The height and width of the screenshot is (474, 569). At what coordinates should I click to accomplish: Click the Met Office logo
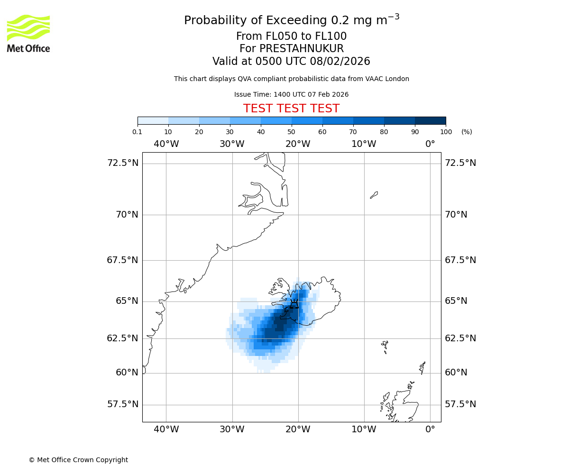28,33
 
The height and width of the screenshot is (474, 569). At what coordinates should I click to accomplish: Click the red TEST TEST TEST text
291,109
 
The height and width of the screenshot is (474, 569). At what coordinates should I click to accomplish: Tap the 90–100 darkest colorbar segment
430,120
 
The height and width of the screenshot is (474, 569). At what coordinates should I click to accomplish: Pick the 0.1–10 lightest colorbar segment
153,120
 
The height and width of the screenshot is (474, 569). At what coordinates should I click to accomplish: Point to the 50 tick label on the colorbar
292,132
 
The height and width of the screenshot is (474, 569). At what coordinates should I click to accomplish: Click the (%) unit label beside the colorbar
467,132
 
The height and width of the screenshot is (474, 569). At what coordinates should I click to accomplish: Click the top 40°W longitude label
166,144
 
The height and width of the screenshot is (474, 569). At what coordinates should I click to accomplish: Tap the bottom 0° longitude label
430,429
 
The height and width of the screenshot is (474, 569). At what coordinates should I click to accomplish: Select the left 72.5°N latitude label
122,163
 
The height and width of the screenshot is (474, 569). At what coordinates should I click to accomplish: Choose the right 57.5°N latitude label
460,404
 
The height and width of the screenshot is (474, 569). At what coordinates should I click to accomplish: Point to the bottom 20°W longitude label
298,429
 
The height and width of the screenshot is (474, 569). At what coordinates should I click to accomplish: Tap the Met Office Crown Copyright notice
78,460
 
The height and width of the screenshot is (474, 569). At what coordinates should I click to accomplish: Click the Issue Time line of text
291,94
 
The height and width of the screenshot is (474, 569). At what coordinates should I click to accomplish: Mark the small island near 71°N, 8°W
374,195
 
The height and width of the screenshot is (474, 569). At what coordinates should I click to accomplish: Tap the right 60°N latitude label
456,373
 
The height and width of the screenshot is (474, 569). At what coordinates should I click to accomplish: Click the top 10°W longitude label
364,144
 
